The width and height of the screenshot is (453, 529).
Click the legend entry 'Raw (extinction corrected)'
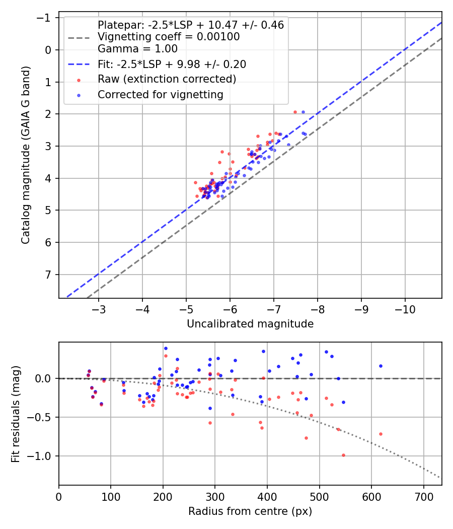(167, 79)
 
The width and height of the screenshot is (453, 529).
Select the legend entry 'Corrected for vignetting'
(160, 94)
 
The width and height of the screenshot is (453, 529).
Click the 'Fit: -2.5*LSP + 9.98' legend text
(172, 64)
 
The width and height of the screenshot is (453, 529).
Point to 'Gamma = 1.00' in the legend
(137, 49)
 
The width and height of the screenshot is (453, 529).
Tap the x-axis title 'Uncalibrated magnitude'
(250, 324)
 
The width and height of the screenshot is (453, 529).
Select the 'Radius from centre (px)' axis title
(250, 511)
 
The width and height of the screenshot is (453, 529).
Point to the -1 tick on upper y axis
(46, 18)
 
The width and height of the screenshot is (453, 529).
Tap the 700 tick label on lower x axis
(423, 497)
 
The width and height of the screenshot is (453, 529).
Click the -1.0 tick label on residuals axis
(40, 456)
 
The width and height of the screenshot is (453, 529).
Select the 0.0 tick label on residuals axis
(43, 378)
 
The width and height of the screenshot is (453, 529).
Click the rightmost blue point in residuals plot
(381, 366)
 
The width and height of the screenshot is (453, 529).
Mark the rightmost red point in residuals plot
(381, 434)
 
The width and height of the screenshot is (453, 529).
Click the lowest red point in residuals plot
(343, 455)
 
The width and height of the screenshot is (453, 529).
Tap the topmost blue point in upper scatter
(303, 112)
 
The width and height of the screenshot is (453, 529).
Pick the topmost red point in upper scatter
(295, 112)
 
